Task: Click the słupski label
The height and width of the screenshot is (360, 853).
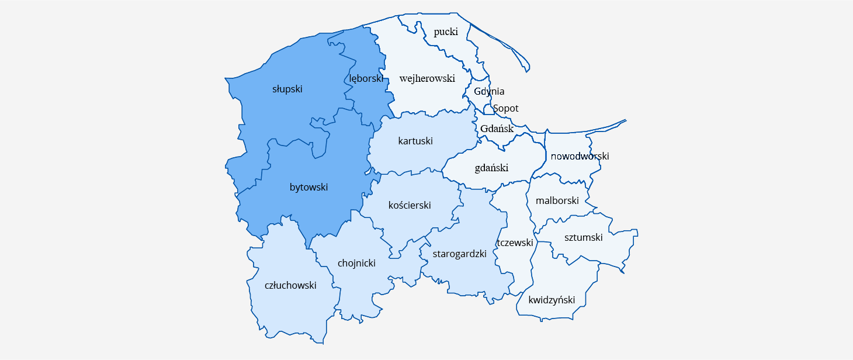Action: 287,89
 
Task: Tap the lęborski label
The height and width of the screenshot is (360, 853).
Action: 366,78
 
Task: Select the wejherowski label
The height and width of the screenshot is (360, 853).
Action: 427,78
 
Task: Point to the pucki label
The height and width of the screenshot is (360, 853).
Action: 446,32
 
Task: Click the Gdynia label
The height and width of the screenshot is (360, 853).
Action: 489,91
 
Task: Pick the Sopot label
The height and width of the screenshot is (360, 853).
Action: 505,109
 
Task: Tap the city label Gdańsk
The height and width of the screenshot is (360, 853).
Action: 497,129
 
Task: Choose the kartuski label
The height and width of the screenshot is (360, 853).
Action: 415,141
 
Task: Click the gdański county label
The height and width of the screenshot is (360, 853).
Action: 491,168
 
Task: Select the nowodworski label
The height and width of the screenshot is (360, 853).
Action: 580,157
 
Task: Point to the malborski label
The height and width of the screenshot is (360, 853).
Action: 557,201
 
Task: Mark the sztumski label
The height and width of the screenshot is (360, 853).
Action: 583,238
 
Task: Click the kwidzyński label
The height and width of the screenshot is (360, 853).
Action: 551,300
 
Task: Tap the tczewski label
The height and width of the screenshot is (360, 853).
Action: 515,243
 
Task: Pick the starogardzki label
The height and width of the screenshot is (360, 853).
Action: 459,254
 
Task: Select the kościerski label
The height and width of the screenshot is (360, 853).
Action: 410,206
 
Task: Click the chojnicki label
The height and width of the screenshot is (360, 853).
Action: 356,264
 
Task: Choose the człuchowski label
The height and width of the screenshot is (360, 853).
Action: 290,286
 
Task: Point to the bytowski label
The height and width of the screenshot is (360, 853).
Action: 308,188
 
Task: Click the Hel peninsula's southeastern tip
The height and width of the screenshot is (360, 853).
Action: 528,70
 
